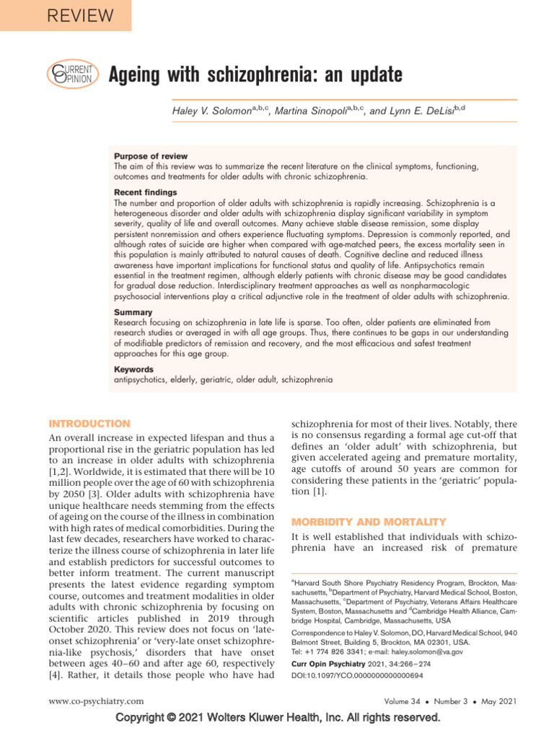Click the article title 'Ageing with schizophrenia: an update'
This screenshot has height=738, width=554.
coord(255,74)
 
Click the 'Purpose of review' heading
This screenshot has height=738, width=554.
coord(151,156)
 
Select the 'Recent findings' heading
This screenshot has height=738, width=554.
coord(146,193)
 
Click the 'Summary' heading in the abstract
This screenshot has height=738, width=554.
coord(133,313)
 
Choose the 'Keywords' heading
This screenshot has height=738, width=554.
coord(134,369)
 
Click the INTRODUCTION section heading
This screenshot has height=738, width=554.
coord(89,424)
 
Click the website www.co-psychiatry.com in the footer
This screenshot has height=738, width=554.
coord(96,701)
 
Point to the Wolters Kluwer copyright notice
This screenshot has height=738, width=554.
coord(277,718)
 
